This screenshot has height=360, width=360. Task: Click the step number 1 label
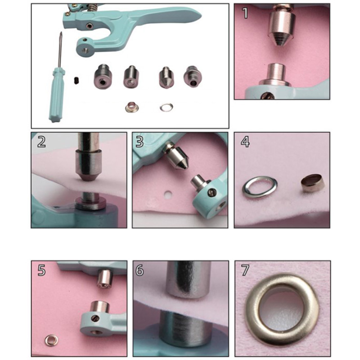point(245,13)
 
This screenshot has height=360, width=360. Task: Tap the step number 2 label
point(41,142)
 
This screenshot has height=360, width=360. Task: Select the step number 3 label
point(139,142)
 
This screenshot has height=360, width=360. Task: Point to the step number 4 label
point(245,142)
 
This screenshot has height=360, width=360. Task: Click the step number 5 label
point(41,270)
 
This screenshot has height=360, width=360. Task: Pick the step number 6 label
point(139,270)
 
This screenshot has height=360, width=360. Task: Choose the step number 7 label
point(245,270)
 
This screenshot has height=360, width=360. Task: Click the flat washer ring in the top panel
point(166,107)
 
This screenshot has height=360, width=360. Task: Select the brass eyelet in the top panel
point(131,107)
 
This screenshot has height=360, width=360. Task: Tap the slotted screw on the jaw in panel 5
point(96,318)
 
